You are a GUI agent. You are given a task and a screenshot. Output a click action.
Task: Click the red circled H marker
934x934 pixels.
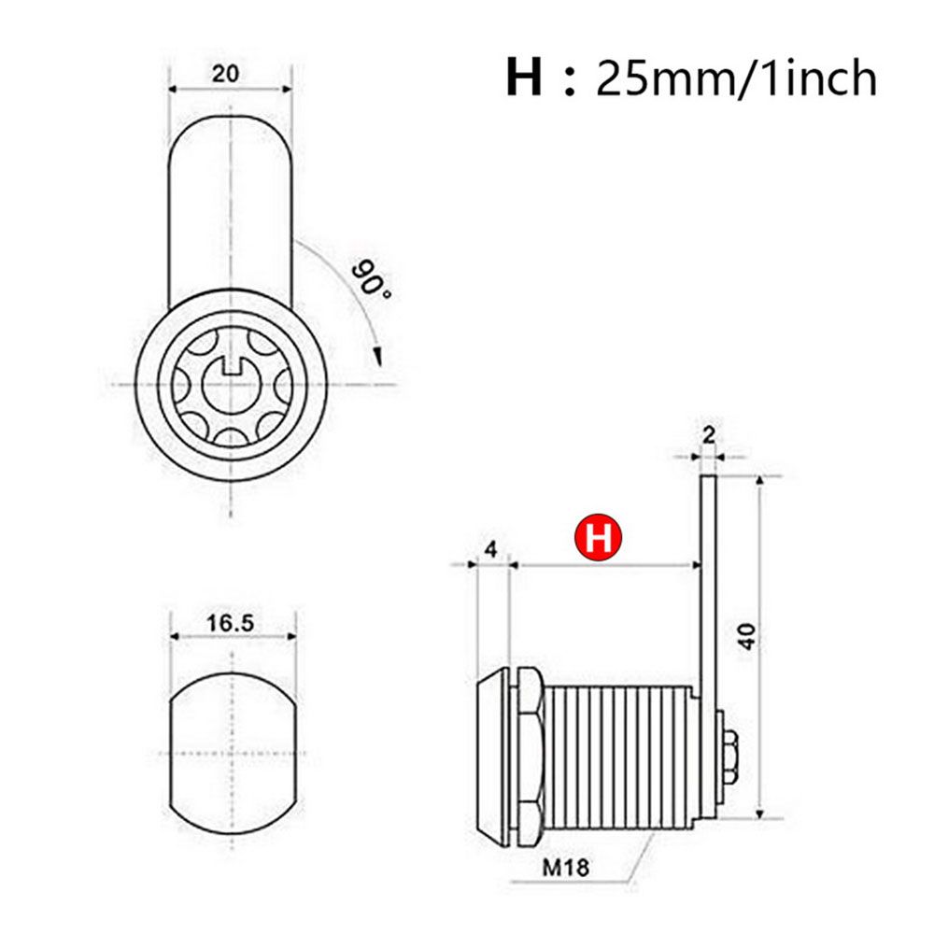[x=598, y=539]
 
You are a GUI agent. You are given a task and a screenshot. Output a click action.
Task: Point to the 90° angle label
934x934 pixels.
[x=371, y=278]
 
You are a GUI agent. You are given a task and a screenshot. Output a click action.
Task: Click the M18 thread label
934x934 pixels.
[x=565, y=867]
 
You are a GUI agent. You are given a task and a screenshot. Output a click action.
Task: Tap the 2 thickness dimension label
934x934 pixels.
[x=709, y=435]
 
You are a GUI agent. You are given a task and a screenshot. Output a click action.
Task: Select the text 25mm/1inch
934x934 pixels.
[x=737, y=78]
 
